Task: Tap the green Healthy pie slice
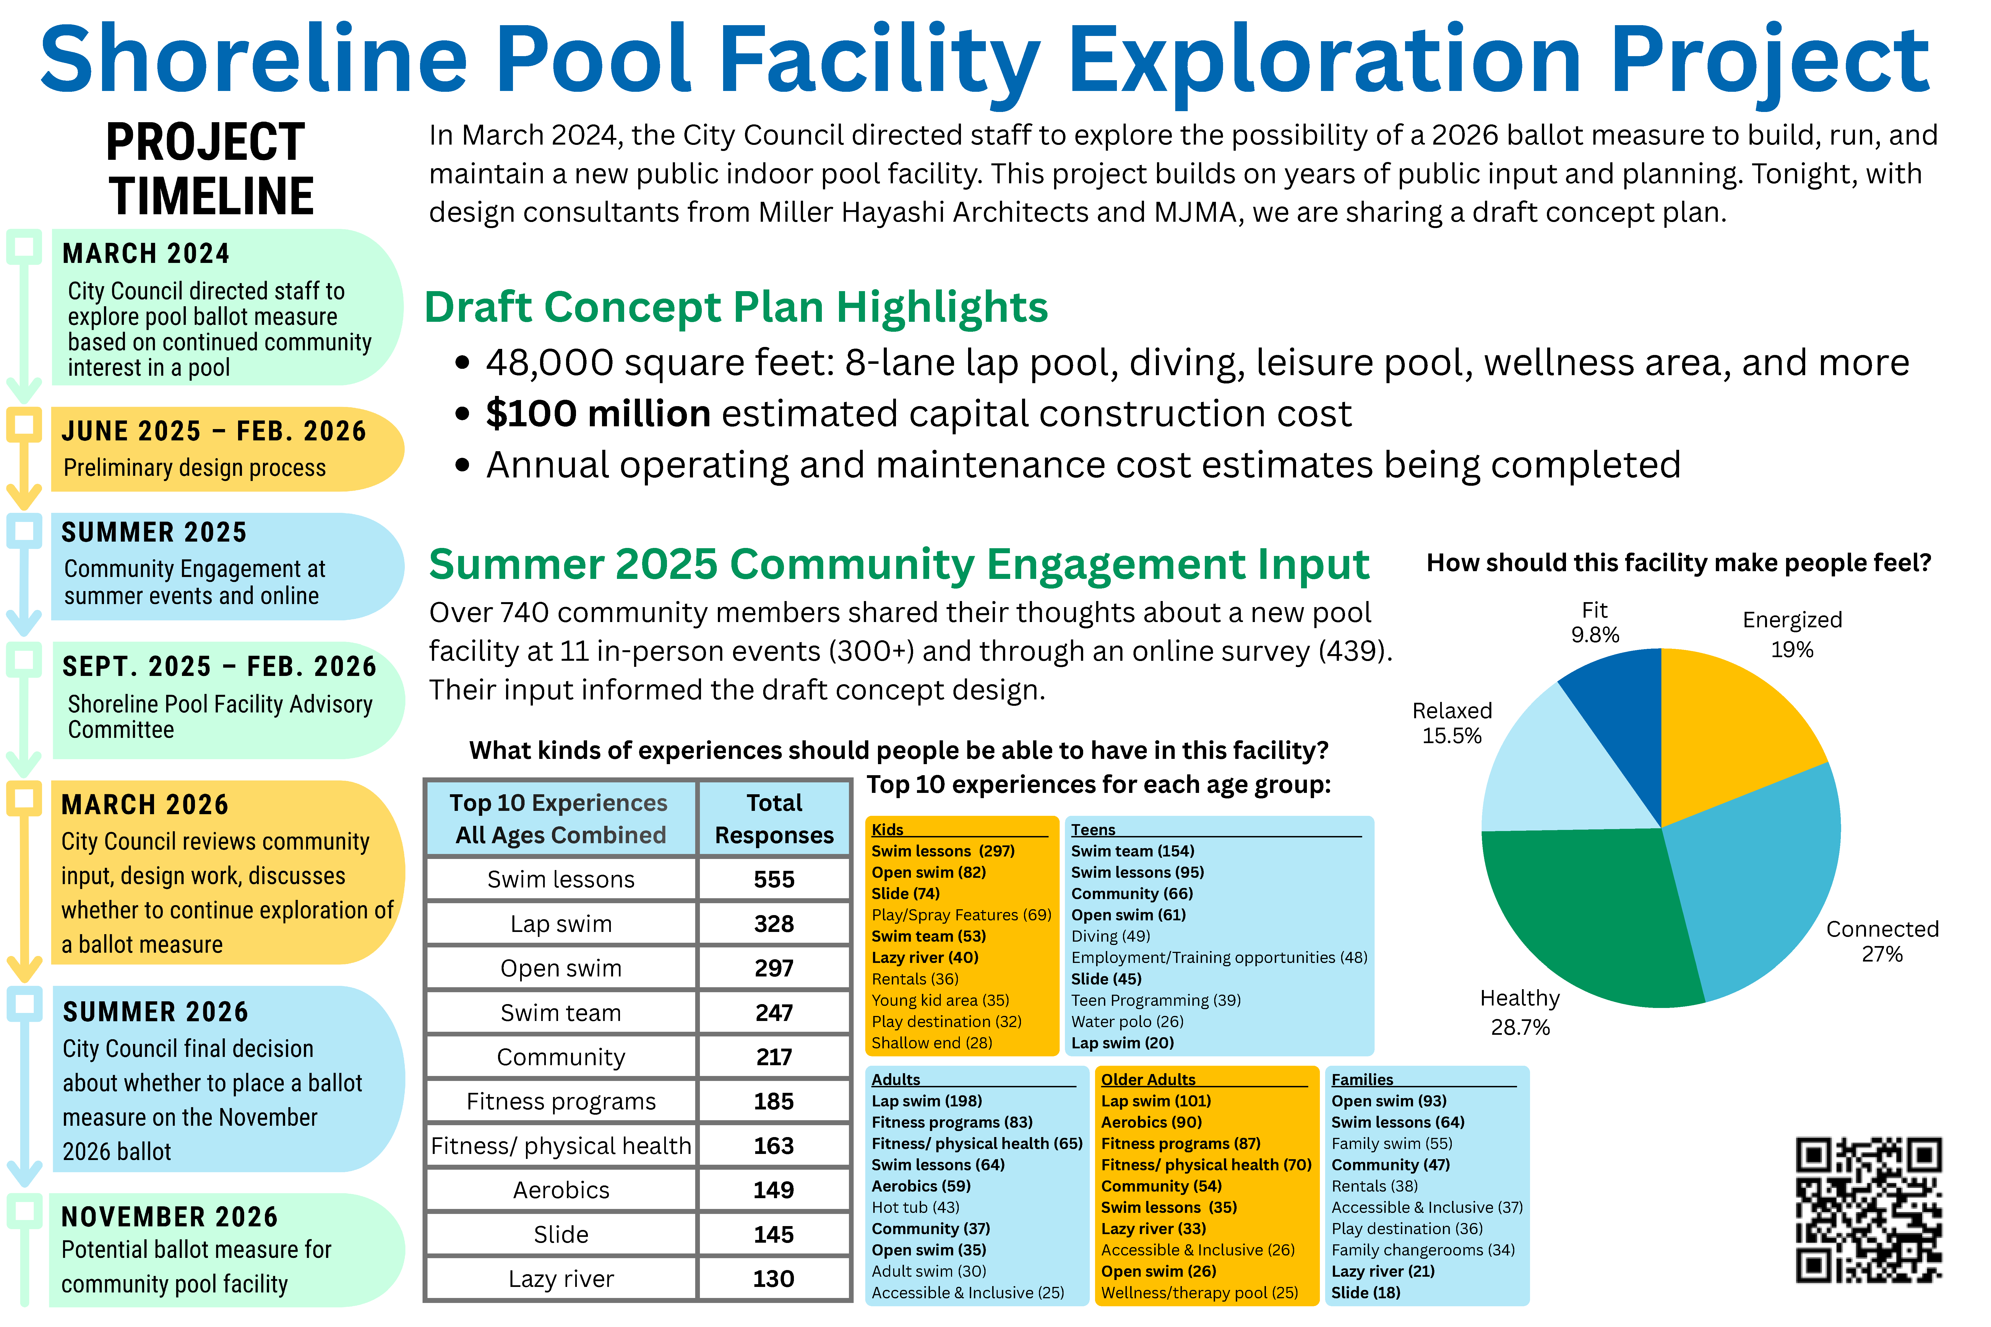click(x=1583, y=914)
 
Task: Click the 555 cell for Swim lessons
click(x=774, y=879)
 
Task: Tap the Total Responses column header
click(x=774, y=818)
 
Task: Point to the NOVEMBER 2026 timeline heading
click(x=169, y=1217)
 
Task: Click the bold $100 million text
click(x=598, y=414)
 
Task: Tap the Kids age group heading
click(x=887, y=829)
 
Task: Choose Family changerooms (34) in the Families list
click(x=1422, y=1250)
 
